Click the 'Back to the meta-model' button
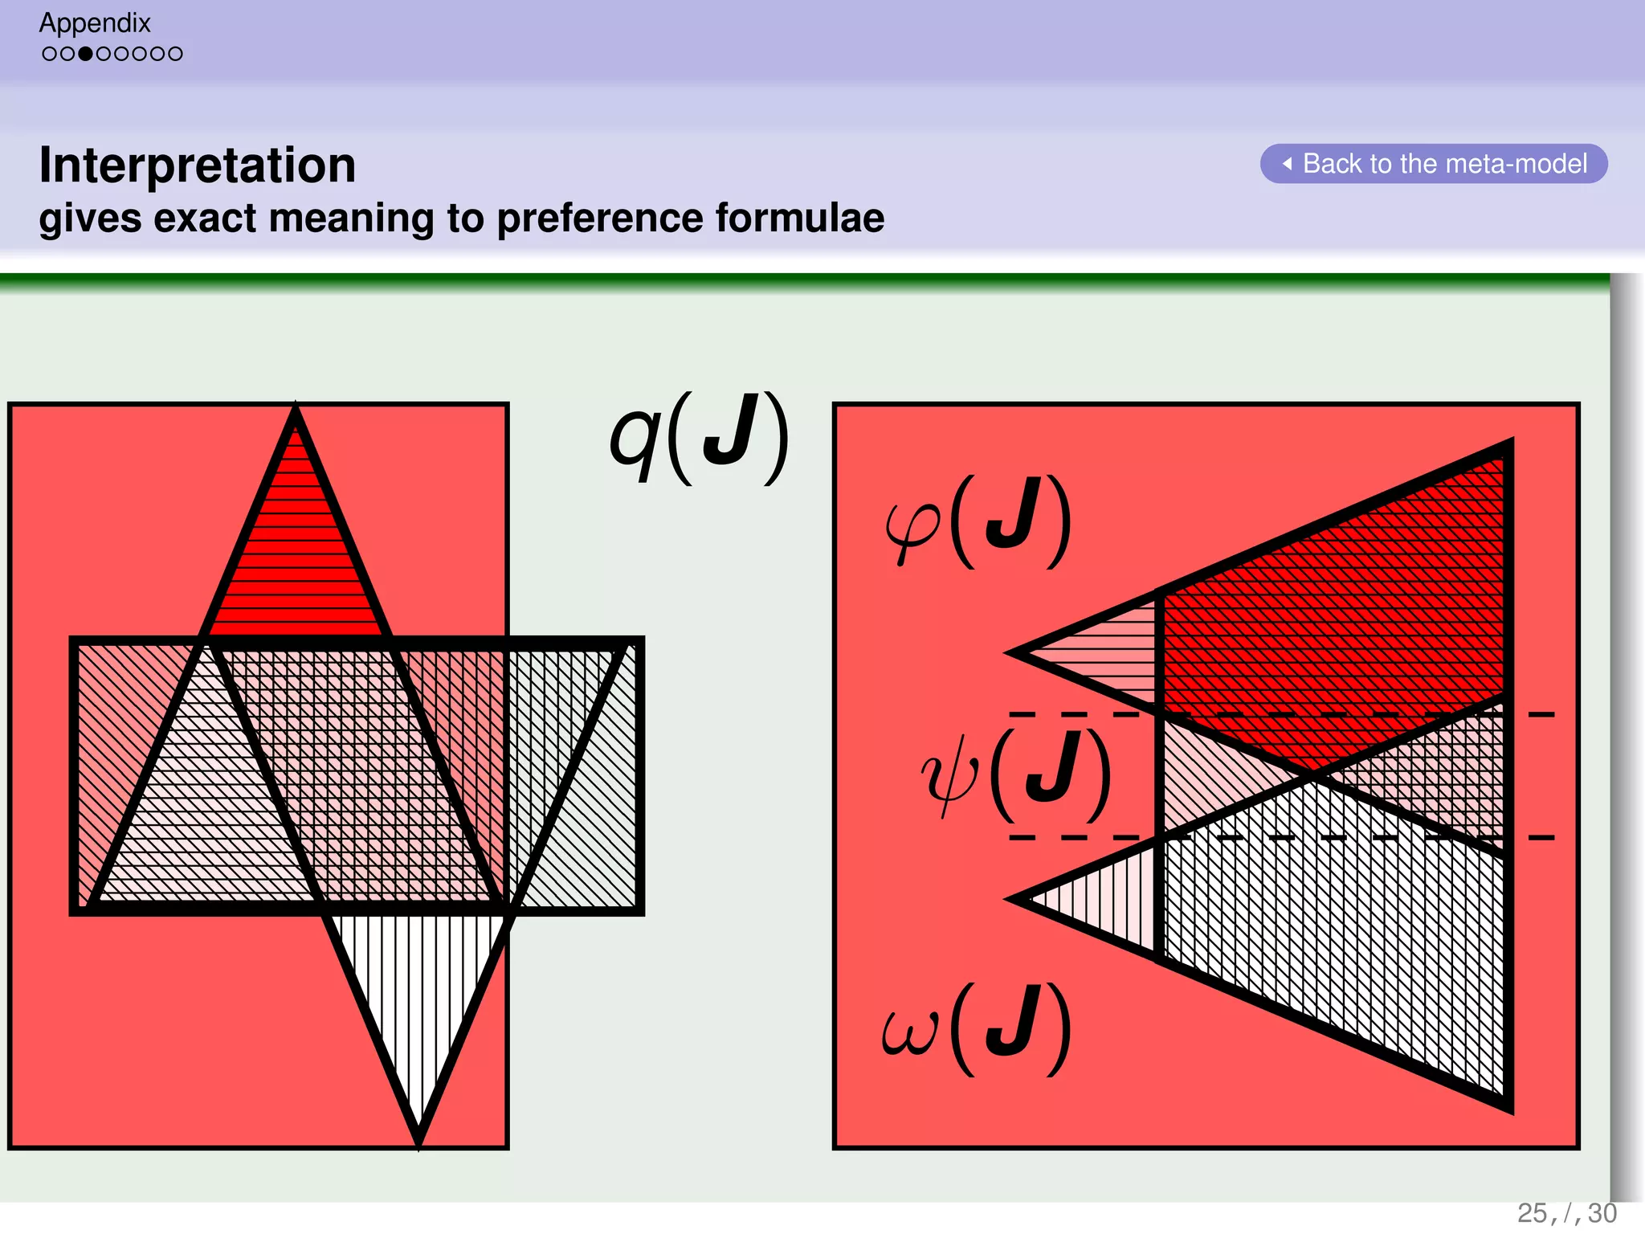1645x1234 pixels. pyautogui.click(x=1434, y=164)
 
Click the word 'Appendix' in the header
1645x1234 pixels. pyautogui.click(x=95, y=22)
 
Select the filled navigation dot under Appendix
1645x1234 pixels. pyautogui.click(x=85, y=54)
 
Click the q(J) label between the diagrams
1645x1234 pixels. pyautogui.click(x=698, y=439)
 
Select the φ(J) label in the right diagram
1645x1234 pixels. pyautogui.click(x=978, y=522)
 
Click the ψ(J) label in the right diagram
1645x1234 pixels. pyautogui.click(x=1016, y=774)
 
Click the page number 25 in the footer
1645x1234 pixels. pyautogui.click(x=1532, y=1213)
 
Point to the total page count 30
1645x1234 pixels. pyautogui.click(x=1602, y=1213)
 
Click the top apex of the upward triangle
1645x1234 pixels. pyautogui.click(x=296, y=411)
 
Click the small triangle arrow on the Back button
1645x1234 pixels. pyautogui.click(x=1287, y=164)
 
